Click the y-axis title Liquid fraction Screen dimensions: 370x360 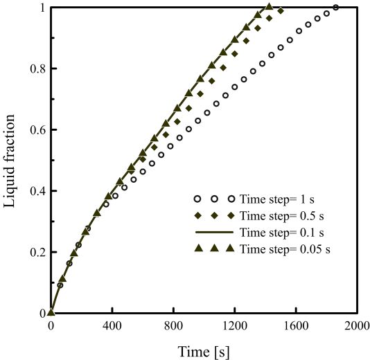pyautogui.click(x=10, y=161)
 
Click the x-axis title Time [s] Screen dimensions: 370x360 pyautogui.click(x=204, y=351)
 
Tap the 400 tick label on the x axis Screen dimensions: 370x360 pyautogui.click(x=112, y=326)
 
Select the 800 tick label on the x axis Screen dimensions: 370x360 pyautogui.click(x=174, y=326)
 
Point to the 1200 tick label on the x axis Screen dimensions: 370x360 pyautogui.click(x=235, y=326)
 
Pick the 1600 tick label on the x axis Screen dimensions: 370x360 pyautogui.click(x=296, y=326)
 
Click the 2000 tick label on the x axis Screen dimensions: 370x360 pyautogui.click(x=357, y=326)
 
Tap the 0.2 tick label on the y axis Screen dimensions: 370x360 pyautogui.click(x=38, y=252)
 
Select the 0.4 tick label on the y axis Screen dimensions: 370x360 pyautogui.click(x=38, y=190)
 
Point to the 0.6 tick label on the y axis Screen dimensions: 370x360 pyautogui.click(x=38, y=129)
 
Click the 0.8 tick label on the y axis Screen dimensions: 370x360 pyautogui.click(x=38, y=69)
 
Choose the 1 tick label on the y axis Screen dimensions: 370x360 pyautogui.click(x=42, y=8)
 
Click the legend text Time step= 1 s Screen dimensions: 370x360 pyautogui.click(x=277, y=199)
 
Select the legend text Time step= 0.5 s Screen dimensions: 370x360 pyautogui.click(x=282, y=216)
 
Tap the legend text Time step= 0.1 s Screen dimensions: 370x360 pyautogui.click(x=282, y=233)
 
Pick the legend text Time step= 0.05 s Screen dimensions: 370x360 pyautogui.click(x=285, y=249)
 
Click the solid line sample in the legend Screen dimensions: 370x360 pyautogui.click(x=214, y=232)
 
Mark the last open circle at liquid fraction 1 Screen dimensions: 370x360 pyautogui.click(x=336, y=8)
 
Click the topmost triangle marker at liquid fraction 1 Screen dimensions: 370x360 pyautogui.click(x=270, y=7)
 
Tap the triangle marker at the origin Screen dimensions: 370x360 pyautogui.click(x=51, y=312)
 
